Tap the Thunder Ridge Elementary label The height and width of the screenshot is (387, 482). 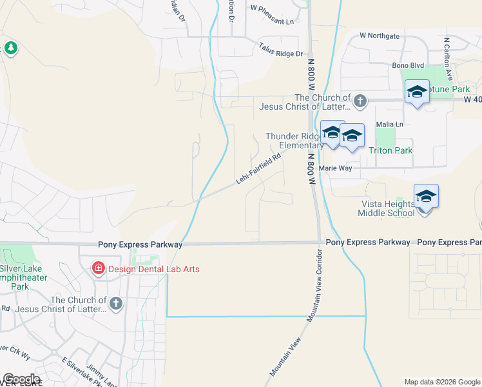[x=294, y=141]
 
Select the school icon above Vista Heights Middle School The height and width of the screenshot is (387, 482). [x=426, y=196]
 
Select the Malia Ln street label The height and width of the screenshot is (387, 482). [x=390, y=124]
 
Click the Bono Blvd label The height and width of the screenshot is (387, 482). [x=408, y=65]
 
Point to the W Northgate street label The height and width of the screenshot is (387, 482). [x=380, y=35]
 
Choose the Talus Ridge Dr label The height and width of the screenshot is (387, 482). [x=280, y=49]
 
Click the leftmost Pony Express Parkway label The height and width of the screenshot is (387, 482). [x=140, y=245]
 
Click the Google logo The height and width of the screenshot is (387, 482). [x=21, y=379]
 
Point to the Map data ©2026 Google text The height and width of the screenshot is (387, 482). [x=441, y=382]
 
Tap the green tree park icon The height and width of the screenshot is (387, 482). [x=10, y=48]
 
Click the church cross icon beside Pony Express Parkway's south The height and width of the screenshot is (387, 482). [x=115, y=303]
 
